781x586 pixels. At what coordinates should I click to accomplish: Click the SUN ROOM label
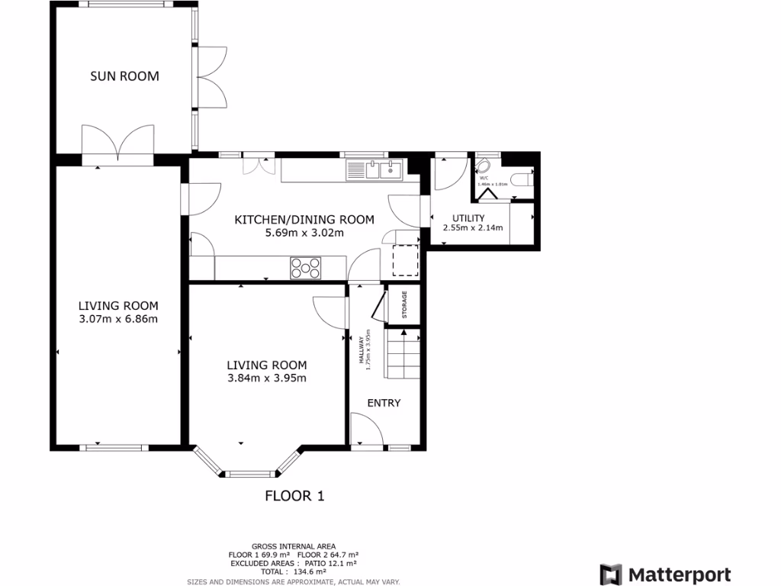[x=124, y=76]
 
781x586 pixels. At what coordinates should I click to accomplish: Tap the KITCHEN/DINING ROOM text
[x=304, y=220]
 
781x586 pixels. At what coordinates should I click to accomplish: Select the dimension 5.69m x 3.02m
[x=304, y=233]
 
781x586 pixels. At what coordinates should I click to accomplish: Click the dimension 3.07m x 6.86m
[x=118, y=319]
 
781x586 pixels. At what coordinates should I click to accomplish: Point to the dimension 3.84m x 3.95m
[x=267, y=378]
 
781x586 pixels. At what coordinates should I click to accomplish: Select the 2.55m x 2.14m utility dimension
[x=469, y=228]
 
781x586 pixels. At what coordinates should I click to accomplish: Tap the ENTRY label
[x=384, y=403]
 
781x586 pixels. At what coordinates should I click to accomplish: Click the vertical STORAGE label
[x=404, y=305]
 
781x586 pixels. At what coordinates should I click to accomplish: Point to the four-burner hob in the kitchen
[x=305, y=268]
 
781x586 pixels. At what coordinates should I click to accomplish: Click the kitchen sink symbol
[x=374, y=169]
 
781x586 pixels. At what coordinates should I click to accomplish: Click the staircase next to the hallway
[x=403, y=355]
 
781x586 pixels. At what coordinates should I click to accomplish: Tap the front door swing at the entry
[x=364, y=429]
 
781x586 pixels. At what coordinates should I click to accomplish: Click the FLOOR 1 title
[x=294, y=496]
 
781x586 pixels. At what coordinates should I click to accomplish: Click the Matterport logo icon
[x=611, y=575]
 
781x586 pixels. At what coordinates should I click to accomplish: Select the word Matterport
[x=680, y=575]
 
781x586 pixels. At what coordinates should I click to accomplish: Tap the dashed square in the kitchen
[x=406, y=260]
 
